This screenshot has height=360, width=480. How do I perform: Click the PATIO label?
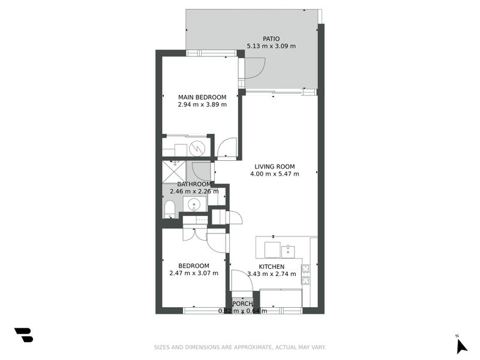[271, 39]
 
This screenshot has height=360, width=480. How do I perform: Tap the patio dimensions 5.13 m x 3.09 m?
[271, 46]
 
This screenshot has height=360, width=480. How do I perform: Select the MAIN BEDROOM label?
[202, 97]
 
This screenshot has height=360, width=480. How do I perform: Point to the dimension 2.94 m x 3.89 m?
[202, 104]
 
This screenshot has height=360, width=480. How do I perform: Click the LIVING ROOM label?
[275, 167]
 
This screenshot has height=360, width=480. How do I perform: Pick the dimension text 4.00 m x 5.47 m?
[275, 174]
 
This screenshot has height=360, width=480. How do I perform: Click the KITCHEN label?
[271, 267]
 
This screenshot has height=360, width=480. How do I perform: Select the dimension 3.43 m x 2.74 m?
[271, 274]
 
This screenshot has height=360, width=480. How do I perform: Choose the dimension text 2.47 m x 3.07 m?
[194, 274]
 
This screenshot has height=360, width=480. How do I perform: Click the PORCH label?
[243, 304]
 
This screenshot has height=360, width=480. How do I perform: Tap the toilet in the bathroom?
[169, 209]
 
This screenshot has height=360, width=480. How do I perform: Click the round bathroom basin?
[195, 205]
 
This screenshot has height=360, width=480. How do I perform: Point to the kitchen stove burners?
[305, 275]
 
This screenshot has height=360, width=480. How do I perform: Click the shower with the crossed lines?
[174, 170]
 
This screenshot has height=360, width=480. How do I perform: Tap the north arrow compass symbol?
[461, 346]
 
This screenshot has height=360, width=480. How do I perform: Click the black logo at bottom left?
[23, 335]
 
